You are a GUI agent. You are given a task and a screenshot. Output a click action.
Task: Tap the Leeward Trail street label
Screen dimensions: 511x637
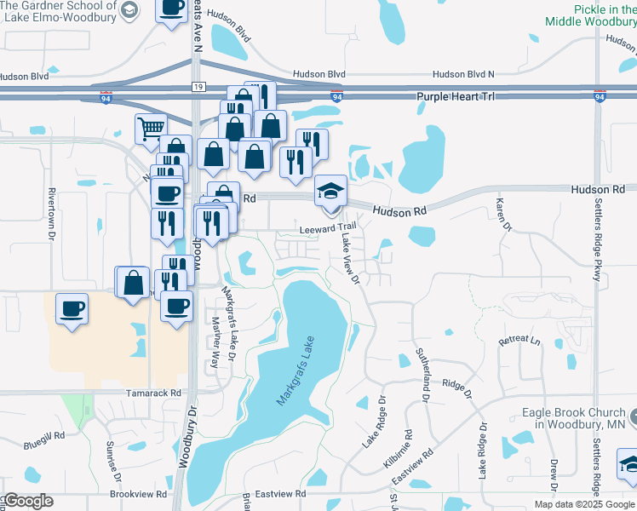click(x=328, y=227)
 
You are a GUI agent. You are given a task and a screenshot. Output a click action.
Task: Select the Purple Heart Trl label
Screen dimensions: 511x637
click(x=456, y=97)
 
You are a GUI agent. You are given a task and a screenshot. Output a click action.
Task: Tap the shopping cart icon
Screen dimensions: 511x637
click(x=151, y=129)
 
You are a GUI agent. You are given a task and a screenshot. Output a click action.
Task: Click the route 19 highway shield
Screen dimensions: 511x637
click(x=198, y=87)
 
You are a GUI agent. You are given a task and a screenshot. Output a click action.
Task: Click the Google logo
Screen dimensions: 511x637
click(x=28, y=501)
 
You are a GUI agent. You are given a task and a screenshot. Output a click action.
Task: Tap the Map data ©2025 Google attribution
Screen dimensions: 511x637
click(x=583, y=504)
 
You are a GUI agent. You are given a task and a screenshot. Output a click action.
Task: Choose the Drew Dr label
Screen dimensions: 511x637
click(x=554, y=475)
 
